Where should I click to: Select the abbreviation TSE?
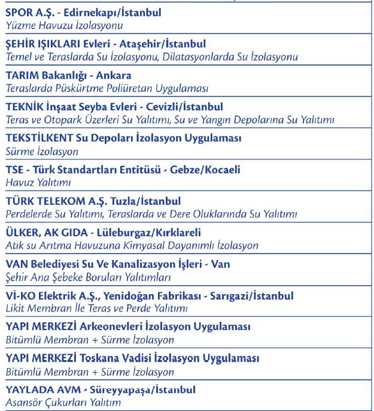[x=14, y=170]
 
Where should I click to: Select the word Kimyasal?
[x=144, y=245]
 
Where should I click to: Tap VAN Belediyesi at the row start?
[x=42, y=264]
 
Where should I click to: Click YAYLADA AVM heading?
[x=41, y=390]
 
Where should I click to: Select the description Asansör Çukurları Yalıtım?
[x=63, y=403]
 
